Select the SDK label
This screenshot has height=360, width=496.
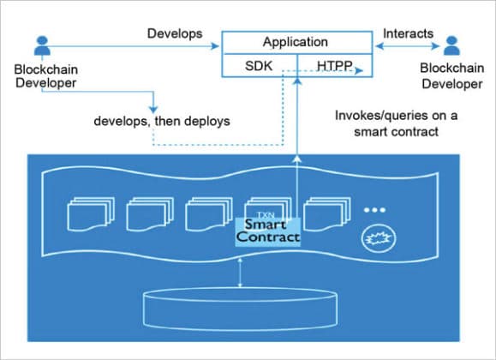[x=259, y=65]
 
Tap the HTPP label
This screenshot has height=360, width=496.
[x=335, y=65]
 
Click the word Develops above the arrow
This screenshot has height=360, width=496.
[x=174, y=33]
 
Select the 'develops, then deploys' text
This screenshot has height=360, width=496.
[x=163, y=121]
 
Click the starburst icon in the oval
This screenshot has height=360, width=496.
[x=376, y=237]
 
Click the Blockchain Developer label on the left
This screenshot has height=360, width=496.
[x=41, y=75]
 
